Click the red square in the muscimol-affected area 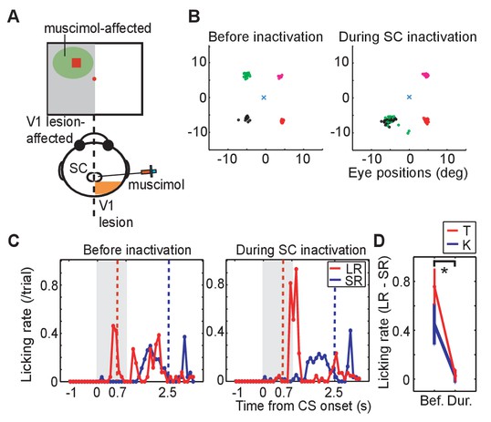pyautogui.click(x=77, y=63)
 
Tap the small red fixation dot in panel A pyautogui.click(x=94, y=79)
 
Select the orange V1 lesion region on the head pyautogui.click(x=107, y=188)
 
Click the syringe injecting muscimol pyautogui.click(x=149, y=171)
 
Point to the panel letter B pyautogui.click(x=194, y=16)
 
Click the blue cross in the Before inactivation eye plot pyautogui.click(x=264, y=98)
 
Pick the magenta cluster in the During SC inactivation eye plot pyautogui.click(x=425, y=75)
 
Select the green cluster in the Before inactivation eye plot pyautogui.click(x=247, y=76)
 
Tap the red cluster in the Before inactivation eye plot pyautogui.click(x=282, y=120)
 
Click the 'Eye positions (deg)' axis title pyautogui.click(x=408, y=173)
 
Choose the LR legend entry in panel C pyautogui.click(x=346, y=268)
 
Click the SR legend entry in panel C pyautogui.click(x=346, y=281)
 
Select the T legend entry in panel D pyautogui.click(x=459, y=231)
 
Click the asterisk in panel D pyautogui.click(x=444, y=271)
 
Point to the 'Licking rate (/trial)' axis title pyautogui.click(x=27, y=324)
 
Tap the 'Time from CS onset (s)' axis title pyautogui.click(x=303, y=406)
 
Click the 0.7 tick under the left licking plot pyautogui.click(x=118, y=393)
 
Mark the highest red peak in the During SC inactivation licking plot pyautogui.click(x=296, y=268)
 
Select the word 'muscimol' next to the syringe pyautogui.click(x=156, y=184)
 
